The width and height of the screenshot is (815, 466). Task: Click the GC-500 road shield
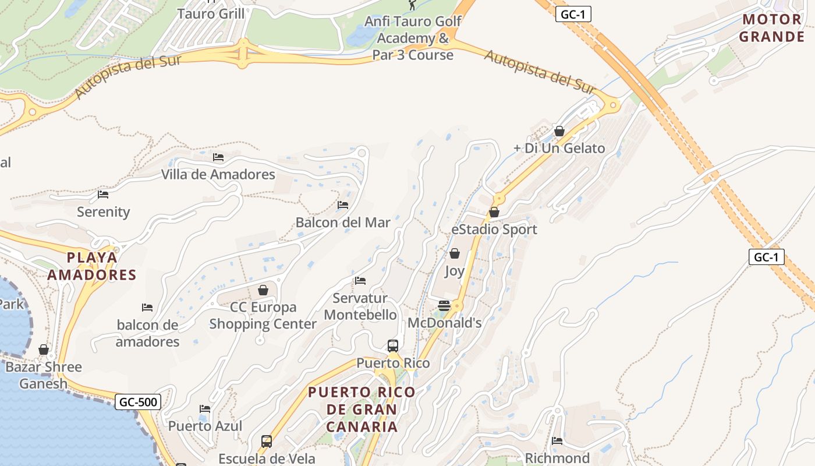[137, 401]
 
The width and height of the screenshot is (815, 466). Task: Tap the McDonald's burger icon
[444, 306]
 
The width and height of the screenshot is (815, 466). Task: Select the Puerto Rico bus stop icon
[393, 346]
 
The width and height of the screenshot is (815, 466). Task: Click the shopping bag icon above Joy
[455, 254]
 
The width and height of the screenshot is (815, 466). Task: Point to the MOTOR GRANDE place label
[773, 28]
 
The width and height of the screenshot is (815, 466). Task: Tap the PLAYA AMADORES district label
[91, 266]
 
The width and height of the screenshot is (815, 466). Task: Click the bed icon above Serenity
[103, 195]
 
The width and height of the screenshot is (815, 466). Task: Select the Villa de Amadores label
[218, 174]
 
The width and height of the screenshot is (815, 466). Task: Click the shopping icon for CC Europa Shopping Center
[263, 290]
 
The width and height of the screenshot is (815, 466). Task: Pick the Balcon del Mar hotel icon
[343, 205]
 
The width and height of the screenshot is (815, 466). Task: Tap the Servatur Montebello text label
[360, 306]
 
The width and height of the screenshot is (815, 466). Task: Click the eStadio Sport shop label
[494, 230]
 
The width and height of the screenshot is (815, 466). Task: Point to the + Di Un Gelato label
[559, 148]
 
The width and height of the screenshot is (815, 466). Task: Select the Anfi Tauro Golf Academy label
[413, 38]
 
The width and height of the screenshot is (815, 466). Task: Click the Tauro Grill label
[211, 13]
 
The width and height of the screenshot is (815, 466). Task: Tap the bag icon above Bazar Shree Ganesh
[44, 349]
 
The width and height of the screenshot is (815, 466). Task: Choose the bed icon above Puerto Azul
[205, 409]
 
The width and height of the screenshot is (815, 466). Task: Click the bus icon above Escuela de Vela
[267, 441]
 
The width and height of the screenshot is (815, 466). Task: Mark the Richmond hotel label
[557, 458]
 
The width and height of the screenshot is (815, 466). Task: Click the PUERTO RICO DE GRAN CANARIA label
[362, 409]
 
